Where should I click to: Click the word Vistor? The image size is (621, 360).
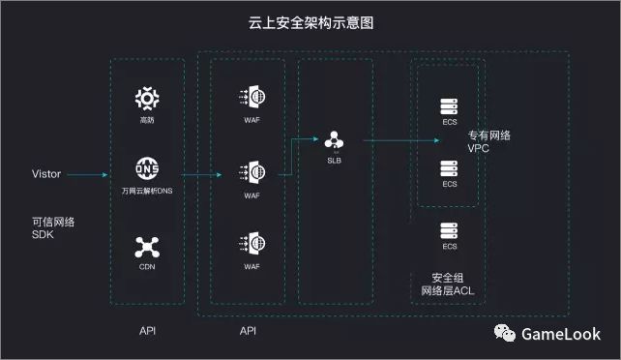pos(47,175)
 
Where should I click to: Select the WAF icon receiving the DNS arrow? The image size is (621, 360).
pos(251,172)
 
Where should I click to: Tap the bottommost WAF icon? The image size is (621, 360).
pos(251,242)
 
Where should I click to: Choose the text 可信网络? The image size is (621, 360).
pos(53,222)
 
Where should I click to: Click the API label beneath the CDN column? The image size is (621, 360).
pos(147,331)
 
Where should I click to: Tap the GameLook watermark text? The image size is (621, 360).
pos(561,334)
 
